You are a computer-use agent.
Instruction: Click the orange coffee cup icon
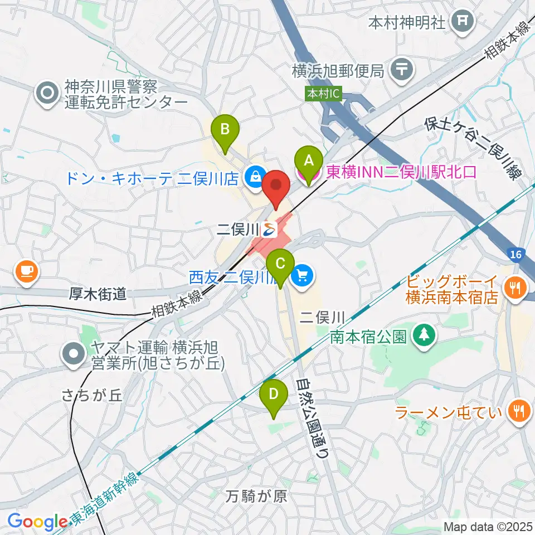(x=26, y=271)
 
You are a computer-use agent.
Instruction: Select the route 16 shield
(x=516, y=254)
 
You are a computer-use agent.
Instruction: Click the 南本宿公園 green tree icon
(x=424, y=335)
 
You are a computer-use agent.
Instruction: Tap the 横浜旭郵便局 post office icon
(x=400, y=70)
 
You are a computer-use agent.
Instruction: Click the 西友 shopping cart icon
(x=303, y=275)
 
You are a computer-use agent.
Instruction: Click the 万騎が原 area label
(x=257, y=496)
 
